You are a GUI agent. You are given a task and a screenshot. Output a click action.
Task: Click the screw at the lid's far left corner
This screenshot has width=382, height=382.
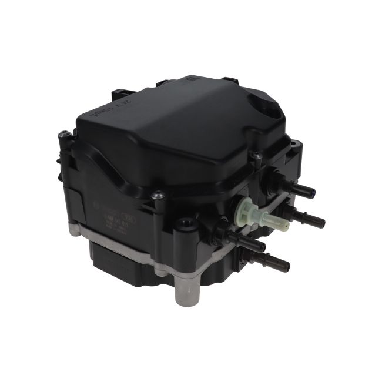tap(64, 136)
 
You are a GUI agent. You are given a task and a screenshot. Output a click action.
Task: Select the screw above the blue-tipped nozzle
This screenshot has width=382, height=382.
tap(256, 156)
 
